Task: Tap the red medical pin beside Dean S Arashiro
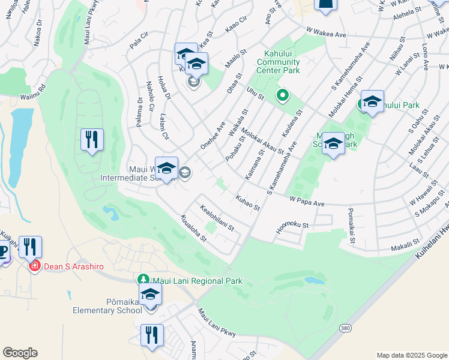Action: (34, 265)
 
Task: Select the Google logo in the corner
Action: (20, 353)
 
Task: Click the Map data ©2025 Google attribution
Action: (411, 355)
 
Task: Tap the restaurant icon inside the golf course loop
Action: (92, 140)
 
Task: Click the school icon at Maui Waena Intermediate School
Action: (166, 169)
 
